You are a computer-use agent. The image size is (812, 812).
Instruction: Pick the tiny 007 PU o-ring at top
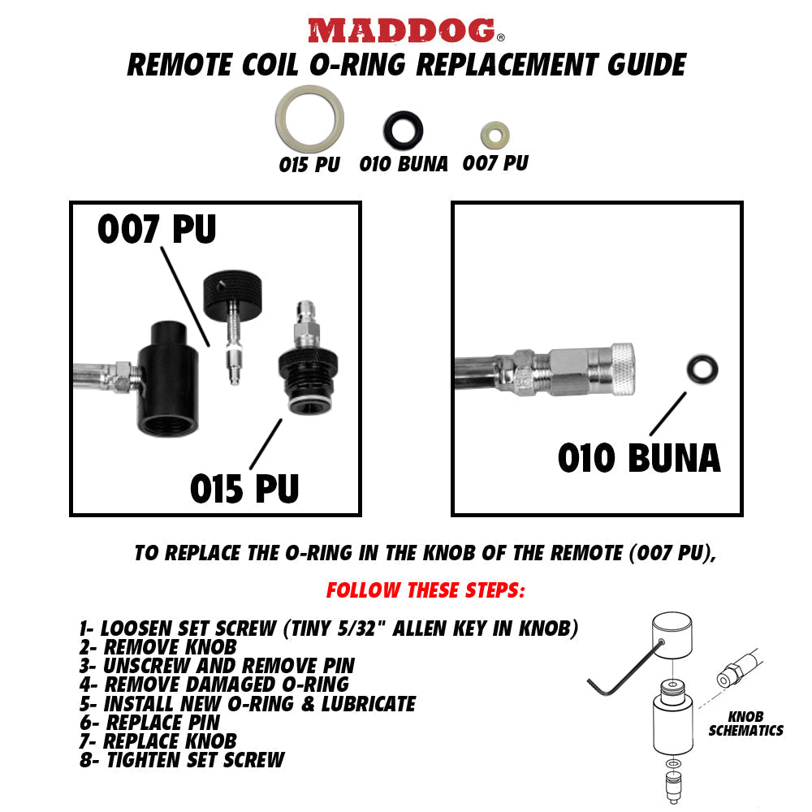(494, 133)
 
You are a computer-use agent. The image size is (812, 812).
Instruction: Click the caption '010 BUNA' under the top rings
(404, 164)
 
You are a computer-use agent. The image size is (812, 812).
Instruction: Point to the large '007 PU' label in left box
(157, 230)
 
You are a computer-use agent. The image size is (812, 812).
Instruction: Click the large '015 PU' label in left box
(244, 488)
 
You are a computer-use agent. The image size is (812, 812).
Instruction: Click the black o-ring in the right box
(701, 369)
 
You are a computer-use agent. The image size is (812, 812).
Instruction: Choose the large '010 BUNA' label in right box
(638, 458)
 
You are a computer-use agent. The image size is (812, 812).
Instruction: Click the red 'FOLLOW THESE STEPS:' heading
(425, 590)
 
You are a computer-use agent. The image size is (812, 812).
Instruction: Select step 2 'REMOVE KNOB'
(158, 646)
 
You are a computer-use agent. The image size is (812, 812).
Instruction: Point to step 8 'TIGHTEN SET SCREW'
(182, 760)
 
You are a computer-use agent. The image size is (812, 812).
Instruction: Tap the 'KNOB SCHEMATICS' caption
(745, 724)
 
